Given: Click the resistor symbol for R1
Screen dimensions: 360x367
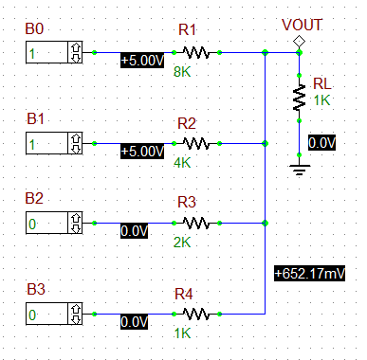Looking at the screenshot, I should pos(195,52).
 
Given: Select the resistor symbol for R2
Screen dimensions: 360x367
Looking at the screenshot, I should pos(195,143).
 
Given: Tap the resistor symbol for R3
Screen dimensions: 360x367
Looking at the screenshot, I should pos(195,223).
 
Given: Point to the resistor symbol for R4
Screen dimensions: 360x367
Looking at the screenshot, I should pos(195,314).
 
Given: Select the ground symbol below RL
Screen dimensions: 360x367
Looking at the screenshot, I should pos(299,171).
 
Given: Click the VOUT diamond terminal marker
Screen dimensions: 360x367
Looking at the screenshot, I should pos(299,40).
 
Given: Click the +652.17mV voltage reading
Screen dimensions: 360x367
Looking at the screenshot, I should pos(309,273).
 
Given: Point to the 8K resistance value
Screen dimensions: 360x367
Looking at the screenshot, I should pos(182,71).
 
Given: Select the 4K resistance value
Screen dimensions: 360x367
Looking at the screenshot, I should pos(182,162).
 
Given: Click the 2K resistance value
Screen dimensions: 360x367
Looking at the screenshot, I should pos(182,242).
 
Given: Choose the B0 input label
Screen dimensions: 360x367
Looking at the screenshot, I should pos(35,32).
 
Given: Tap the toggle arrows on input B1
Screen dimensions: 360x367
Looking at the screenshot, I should pos(74,143).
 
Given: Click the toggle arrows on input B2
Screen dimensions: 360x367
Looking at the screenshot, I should pos(74,224).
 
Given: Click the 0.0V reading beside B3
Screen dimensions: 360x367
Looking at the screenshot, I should pos(134,322).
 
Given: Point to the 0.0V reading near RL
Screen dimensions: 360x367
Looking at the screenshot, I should pos(321,143).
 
